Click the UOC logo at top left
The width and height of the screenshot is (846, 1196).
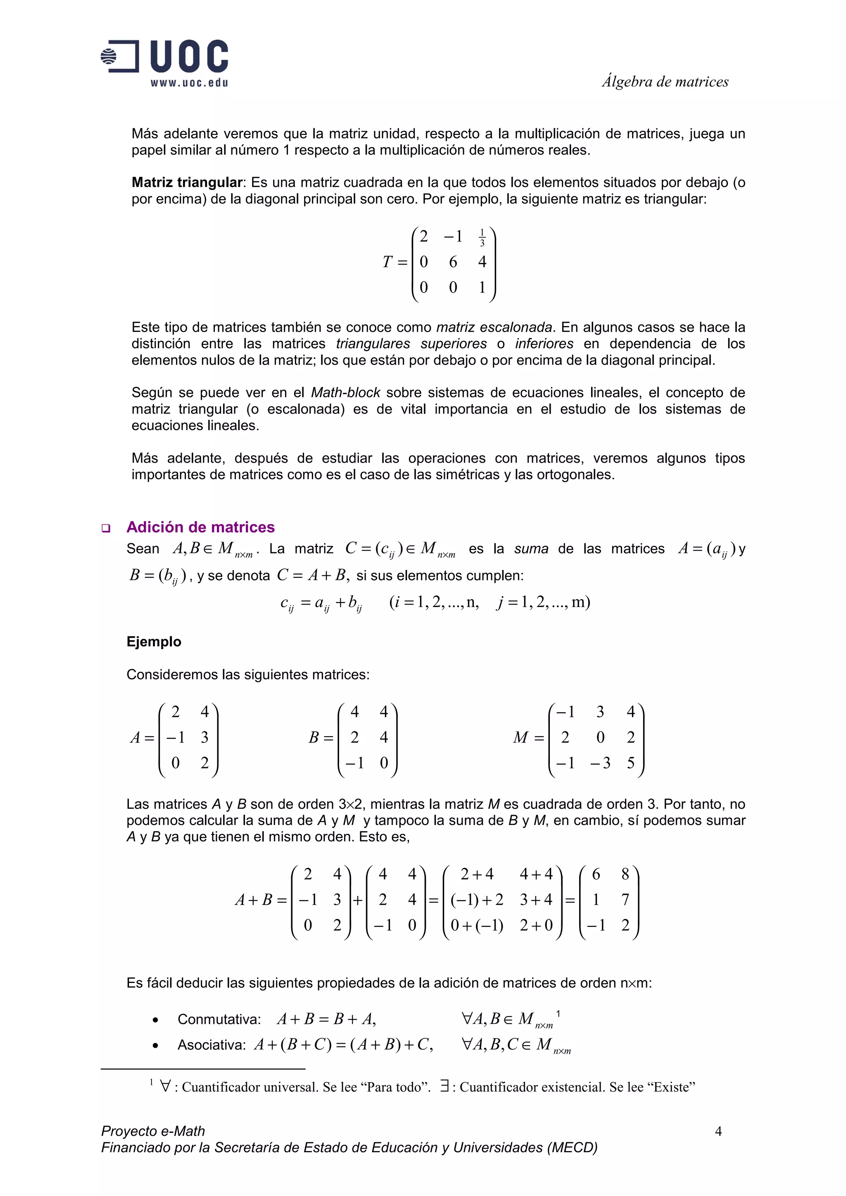point(164,56)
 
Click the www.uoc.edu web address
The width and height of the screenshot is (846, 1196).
point(189,83)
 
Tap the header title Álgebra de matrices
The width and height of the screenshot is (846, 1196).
point(665,82)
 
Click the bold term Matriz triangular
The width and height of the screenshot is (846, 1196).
point(187,182)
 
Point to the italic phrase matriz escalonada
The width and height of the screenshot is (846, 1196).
point(494,327)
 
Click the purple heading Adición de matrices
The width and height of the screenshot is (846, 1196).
point(200,527)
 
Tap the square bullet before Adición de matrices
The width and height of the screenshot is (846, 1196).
point(106,528)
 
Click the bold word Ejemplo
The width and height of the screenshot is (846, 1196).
point(154,641)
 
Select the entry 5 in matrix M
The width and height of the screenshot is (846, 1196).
point(630,763)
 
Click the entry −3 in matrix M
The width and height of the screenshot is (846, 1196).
point(599,763)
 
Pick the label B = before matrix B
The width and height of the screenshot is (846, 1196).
point(320,737)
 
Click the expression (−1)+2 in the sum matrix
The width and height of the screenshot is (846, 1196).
point(476,900)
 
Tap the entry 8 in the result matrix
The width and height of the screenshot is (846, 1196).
point(625,874)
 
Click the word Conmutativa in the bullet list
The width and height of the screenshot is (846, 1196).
point(219,1019)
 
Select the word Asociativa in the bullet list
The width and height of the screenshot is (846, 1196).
point(211,1045)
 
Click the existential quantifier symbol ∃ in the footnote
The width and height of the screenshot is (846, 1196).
point(444,1087)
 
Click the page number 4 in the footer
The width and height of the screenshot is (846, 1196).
point(718,1131)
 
